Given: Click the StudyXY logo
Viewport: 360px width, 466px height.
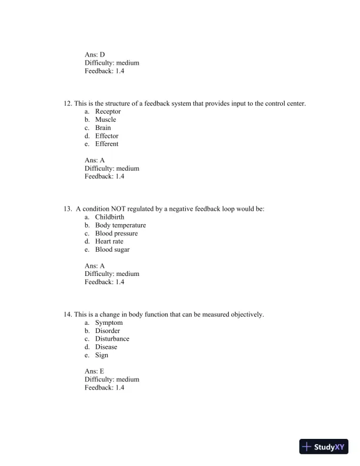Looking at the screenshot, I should coord(324,447).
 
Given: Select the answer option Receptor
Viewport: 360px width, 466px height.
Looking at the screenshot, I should coord(108,112).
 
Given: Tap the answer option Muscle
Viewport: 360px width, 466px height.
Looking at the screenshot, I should coord(105,120).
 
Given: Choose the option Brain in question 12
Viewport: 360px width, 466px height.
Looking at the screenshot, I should coord(102,128).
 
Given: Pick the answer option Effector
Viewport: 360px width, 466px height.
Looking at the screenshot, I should coord(106,136).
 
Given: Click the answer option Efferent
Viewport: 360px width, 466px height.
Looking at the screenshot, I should coord(106,144).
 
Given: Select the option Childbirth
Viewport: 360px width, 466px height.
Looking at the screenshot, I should coord(109,217).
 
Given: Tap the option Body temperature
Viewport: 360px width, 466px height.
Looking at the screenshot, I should coord(120,225).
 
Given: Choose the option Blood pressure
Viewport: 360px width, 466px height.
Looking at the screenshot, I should coord(116,234).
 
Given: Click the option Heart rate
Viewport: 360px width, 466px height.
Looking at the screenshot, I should coord(109,241).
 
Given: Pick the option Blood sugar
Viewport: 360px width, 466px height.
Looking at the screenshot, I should coord(112,249).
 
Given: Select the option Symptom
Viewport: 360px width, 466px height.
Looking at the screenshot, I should coord(108,323).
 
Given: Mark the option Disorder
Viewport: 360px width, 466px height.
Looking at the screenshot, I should coord(107,331).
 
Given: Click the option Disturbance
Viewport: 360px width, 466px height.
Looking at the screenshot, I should coord(112,339).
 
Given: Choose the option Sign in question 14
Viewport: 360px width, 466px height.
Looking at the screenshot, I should coord(101,355).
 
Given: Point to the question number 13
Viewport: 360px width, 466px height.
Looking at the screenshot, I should coord(67,209).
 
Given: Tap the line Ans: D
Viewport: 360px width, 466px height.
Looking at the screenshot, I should coord(95,55).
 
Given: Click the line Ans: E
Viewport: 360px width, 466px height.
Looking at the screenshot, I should coord(94,372).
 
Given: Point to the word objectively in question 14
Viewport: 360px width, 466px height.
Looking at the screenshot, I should coord(247,315).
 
